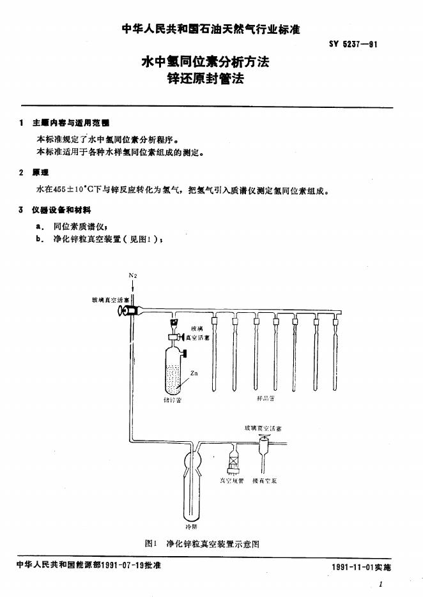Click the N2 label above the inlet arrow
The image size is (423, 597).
point(133,275)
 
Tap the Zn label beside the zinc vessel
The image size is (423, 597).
point(194,373)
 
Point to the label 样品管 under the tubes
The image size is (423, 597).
point(265,399)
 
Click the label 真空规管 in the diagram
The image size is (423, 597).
point(232,480)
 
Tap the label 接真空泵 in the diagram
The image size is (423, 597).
point(265,480)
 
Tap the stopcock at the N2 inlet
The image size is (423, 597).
point(128,310)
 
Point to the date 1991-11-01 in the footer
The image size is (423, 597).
point(353,567)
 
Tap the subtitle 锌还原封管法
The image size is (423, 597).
point(205,80)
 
